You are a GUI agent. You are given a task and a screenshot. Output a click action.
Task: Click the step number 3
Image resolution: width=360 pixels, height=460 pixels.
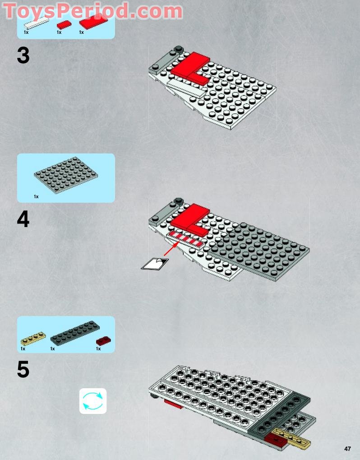tap(23, 56)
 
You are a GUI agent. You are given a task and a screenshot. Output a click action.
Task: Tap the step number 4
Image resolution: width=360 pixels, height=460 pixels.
tap(23, 220)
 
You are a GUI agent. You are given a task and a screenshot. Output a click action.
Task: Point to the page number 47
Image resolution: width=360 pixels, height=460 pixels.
tap(347, 449)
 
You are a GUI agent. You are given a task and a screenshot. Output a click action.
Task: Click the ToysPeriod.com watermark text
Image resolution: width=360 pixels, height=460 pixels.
tap(93, 11)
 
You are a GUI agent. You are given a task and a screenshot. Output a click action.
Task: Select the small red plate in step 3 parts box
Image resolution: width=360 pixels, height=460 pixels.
tap(64, 25)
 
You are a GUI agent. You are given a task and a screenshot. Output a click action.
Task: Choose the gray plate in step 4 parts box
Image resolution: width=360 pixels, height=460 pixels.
tap(66, 176)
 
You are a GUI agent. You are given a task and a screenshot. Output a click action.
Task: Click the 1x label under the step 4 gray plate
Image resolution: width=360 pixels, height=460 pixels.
tap(36, 196)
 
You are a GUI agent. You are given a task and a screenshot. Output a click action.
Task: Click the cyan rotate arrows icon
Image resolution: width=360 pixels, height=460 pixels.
tap(93, 401)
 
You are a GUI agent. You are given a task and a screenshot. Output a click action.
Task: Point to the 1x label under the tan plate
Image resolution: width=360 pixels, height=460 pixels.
tap(23, 348)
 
